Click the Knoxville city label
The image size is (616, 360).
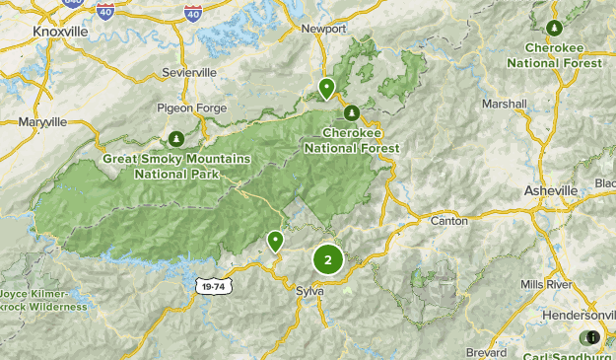(x=60, y=32)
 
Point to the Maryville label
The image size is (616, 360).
(x=42, y=122)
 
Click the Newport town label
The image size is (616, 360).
(x=324, y=29)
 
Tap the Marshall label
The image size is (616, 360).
(x=504, y=104)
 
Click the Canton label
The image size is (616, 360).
(x=449, y=221)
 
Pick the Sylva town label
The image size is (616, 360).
(x=310, y=291)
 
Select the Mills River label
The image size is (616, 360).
(x=545, y=284)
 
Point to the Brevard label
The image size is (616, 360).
(x=487, y=351)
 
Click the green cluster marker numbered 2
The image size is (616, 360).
(x=327, y=260)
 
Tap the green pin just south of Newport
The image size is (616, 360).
(x=326, y=89)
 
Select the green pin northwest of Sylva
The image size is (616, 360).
(x=275, y=240)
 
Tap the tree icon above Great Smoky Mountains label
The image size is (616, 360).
(x=175, y=138)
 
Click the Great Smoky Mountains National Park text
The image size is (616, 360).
(x=176, y=166)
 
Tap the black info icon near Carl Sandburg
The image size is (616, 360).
(x=592, y=337)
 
